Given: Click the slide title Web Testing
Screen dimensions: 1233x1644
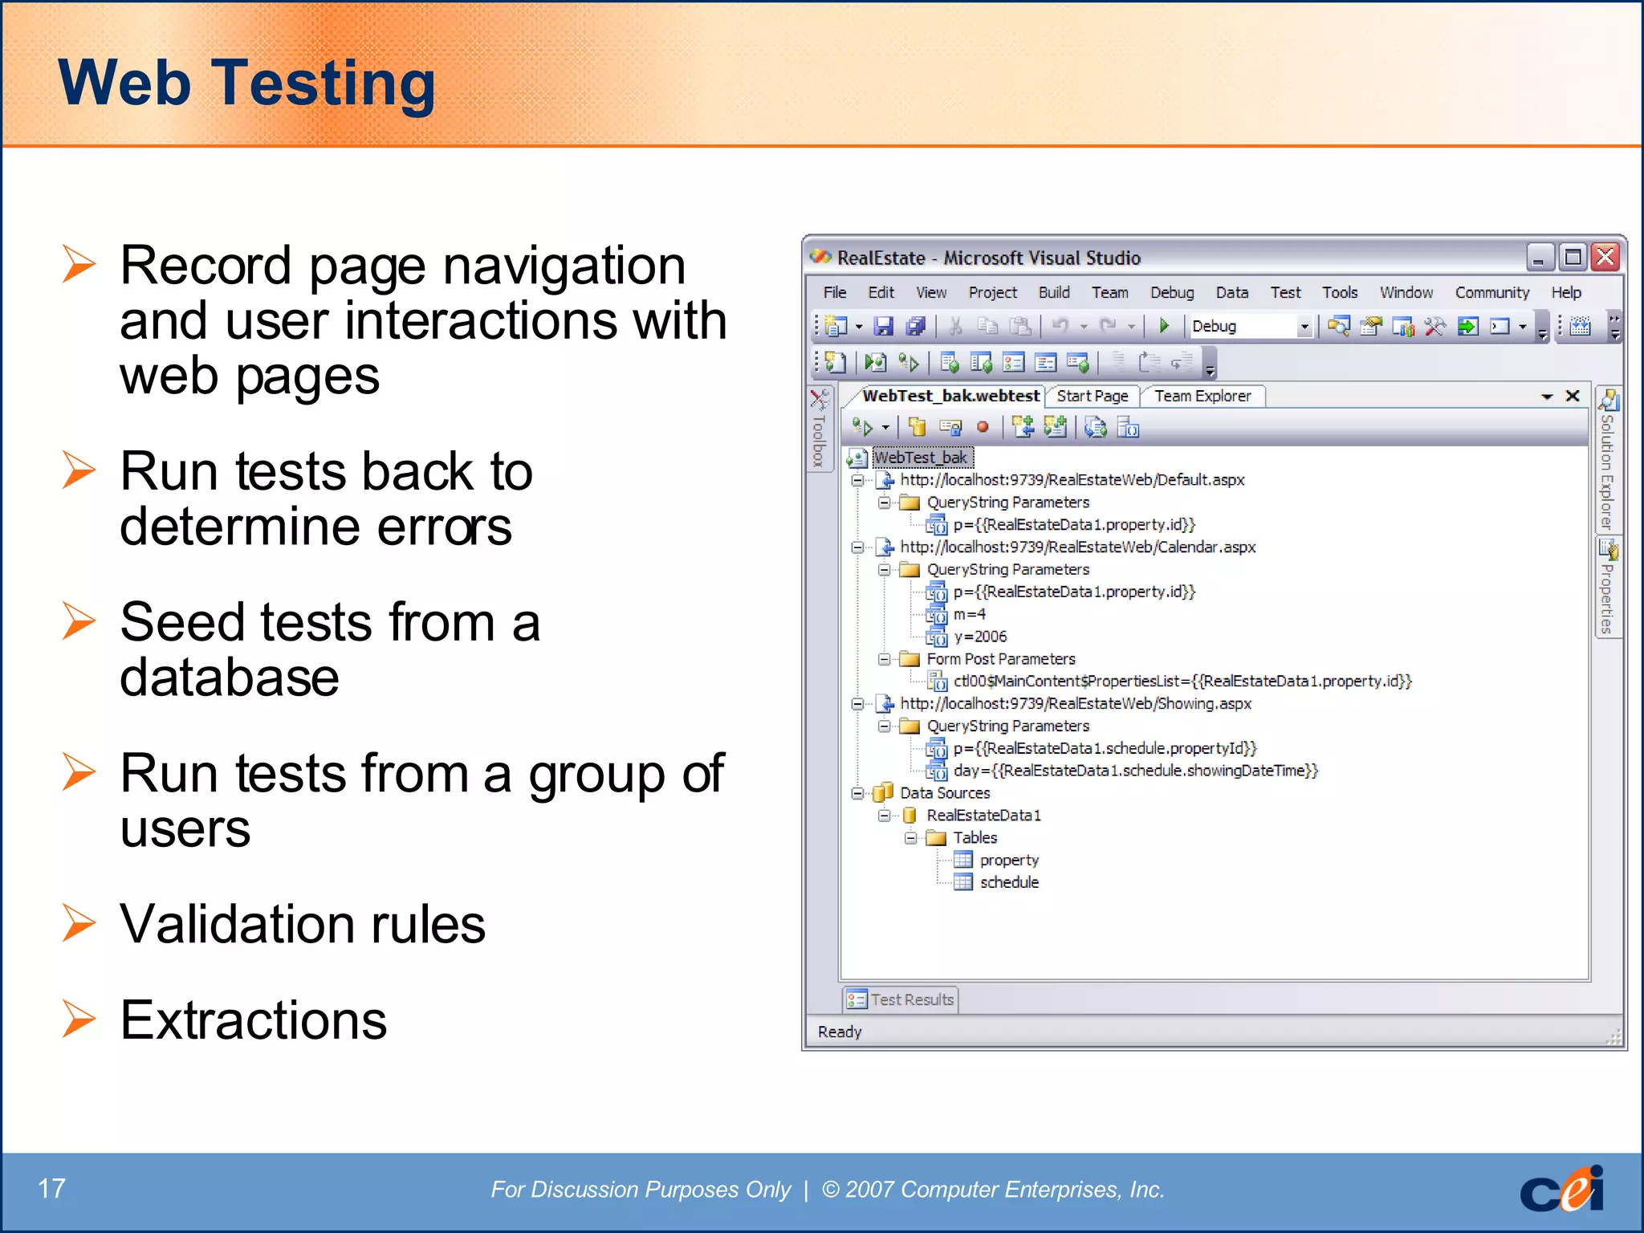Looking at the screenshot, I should click(x=246, y=83).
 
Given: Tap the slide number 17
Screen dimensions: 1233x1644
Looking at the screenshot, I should click(x=51, y=1188).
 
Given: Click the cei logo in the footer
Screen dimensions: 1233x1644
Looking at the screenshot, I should click(x=1561, y=1190).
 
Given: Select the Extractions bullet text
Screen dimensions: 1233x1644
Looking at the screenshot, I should click(x=253, y=1020).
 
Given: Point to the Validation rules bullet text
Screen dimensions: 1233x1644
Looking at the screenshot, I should click(x=303, y=924).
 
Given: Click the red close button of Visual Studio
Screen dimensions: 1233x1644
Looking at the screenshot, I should click(x=1605, y=258).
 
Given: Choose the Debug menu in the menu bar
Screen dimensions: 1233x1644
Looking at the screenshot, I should click(x=1171, y=293).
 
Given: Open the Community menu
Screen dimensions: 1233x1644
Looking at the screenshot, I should click(x=1491, y=293).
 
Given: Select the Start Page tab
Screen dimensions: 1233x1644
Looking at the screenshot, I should click(x=1092, y=396).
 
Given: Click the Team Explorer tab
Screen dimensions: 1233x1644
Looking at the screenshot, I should click(x=1202, y=396).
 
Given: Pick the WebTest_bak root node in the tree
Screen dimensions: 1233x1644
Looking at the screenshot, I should click(x=921, y=458).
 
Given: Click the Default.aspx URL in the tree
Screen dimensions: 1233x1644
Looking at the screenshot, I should click(x=1072, y=480).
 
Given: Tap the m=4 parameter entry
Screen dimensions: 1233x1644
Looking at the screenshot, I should click(x=969, y=614).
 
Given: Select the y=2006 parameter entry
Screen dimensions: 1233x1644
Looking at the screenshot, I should click(x=979, y=637).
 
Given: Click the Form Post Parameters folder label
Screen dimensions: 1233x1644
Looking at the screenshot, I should click(x=1000, y=659).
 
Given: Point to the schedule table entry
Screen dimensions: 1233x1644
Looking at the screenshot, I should click(x=1009, y=882).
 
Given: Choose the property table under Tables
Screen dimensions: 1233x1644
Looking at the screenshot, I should click(x=1009, y=860).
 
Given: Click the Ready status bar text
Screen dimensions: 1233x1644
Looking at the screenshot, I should click(x=839, y=1032).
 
